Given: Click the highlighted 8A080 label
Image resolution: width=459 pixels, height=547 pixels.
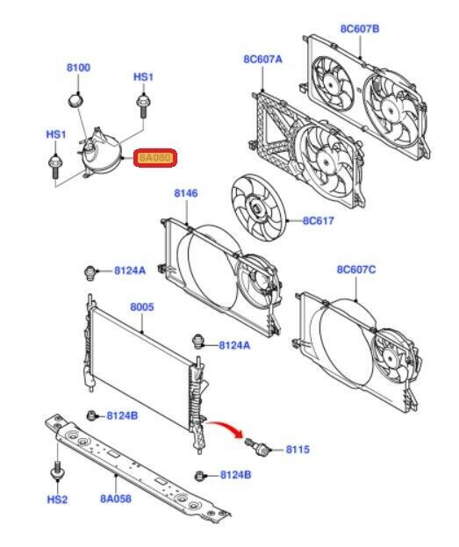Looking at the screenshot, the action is coord(155,158).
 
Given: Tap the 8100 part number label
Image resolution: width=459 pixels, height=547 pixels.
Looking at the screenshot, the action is coord(78,68).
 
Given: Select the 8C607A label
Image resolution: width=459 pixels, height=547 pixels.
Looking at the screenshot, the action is coord(262,60).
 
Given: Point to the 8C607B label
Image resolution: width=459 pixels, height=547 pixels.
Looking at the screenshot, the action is coord(360,29).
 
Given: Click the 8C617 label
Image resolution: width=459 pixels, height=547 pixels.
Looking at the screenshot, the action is coord(318,220).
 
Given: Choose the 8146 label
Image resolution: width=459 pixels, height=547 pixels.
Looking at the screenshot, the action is coord(186,193).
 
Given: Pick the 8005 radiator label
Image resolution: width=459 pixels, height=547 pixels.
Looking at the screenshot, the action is coord(142,307).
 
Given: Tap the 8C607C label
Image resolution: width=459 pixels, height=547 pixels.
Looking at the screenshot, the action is coord(356,270).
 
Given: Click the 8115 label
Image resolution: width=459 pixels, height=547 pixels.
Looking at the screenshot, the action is coord(298,450).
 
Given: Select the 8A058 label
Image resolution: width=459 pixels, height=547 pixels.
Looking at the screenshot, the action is coord(116,499).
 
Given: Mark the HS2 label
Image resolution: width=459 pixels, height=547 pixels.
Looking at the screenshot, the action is coord(57,500).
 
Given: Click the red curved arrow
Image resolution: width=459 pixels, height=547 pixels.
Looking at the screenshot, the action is coord(224,428).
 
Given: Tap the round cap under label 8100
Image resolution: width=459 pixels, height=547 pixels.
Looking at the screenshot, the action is coord(75,101).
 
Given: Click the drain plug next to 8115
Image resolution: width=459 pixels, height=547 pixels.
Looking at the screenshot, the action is coord(257,446).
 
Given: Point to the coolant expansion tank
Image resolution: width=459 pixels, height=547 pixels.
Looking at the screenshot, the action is coord(100,152).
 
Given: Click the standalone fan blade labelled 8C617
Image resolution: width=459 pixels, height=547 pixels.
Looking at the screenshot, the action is coord(258,208).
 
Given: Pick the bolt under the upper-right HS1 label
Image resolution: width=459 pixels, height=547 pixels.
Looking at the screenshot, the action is coord(142,104).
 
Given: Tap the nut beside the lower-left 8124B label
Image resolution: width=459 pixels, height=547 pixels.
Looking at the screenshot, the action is coord(91,415).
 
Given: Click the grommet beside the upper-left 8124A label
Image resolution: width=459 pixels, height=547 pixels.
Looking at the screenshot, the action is coord(90,272).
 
